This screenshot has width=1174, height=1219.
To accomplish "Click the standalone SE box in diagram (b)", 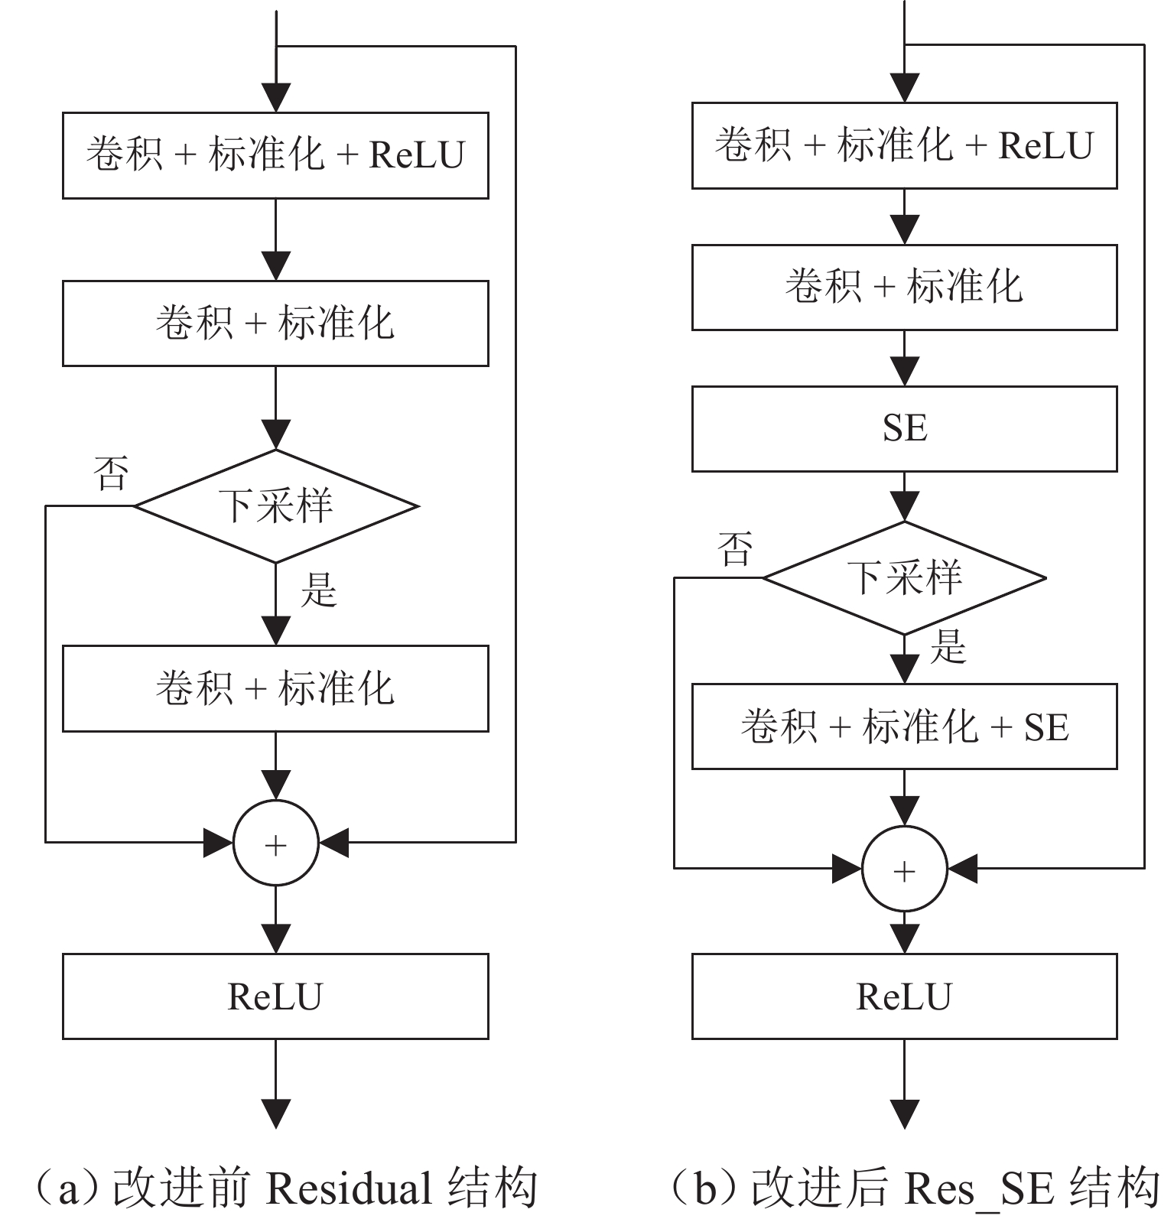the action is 904,428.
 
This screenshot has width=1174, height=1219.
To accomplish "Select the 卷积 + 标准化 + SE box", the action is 904,726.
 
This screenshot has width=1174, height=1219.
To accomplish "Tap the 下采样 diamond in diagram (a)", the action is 276,506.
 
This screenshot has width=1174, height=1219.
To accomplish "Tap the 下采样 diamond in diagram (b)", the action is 904,577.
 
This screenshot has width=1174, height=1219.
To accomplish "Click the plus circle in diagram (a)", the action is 275,843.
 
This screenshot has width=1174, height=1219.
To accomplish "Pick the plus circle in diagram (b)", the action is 904,869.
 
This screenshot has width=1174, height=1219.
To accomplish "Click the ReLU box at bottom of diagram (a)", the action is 275,996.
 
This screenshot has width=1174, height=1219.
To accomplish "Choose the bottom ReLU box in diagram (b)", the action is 904,996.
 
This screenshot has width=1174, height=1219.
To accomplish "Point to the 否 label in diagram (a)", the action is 111,473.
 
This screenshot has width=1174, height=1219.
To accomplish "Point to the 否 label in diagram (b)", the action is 735,548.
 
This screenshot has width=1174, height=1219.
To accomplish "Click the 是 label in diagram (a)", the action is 318,590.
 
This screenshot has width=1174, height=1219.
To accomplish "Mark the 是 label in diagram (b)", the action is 948,647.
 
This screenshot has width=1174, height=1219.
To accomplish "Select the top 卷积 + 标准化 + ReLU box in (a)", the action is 275,155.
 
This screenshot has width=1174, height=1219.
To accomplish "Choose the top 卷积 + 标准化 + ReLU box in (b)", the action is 904,145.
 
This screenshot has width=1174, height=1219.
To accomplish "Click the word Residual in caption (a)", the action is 349,1188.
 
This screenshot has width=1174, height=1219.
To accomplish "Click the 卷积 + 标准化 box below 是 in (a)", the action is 275,688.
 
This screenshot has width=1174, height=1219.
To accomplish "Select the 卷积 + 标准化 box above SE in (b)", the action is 904,287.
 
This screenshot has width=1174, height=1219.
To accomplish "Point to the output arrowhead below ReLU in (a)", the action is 275,1113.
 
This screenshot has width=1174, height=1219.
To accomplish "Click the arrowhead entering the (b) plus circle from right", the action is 963,869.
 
